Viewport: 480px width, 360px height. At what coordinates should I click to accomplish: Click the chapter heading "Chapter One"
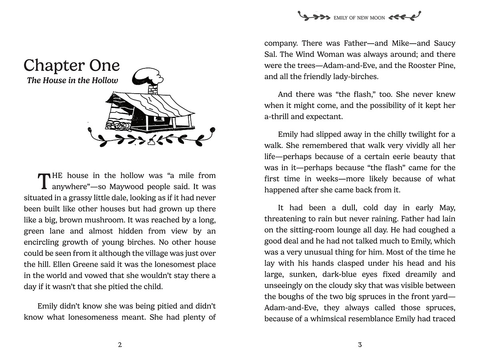[72, 66]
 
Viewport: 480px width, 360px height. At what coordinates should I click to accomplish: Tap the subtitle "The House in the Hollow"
[72, 80]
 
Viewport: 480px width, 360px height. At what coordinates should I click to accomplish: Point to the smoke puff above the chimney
[147, 75]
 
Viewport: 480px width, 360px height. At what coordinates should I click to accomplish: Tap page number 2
[120, 345]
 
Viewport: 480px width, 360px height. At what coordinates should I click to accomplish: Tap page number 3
[360, 345]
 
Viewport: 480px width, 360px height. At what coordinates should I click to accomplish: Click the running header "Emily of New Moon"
[359, 18]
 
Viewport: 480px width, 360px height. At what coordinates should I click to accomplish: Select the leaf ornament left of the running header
[314, 17]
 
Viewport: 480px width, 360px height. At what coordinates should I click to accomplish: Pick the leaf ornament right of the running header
[405, 17]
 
